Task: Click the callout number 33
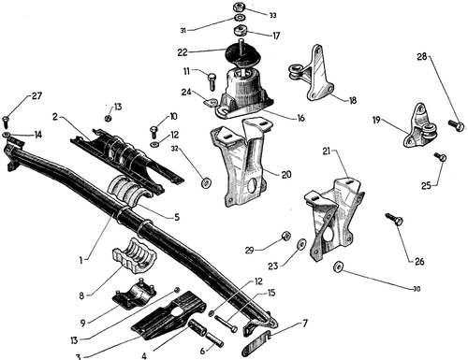[x=272, y=15]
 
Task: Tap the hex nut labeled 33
[x=240, y=7]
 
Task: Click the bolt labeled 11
[x=212, y=81]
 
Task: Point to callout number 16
[x=300, y=118]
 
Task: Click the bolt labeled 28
[x=457, y=125]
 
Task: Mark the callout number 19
[x=376, y=120]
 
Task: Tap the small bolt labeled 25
[x=440, y=156]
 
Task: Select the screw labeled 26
[x=394, y=219]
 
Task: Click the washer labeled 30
[x=338, y=266]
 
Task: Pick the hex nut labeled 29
[x=285, y=237]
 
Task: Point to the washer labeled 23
[x=301, y=243]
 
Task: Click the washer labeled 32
[x=206, y=183]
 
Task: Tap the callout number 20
[x=286, y=175]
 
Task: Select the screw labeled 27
[x=7, y=122]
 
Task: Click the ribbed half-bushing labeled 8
[x=135, y=255]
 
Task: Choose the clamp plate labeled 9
[x=134, y=294]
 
